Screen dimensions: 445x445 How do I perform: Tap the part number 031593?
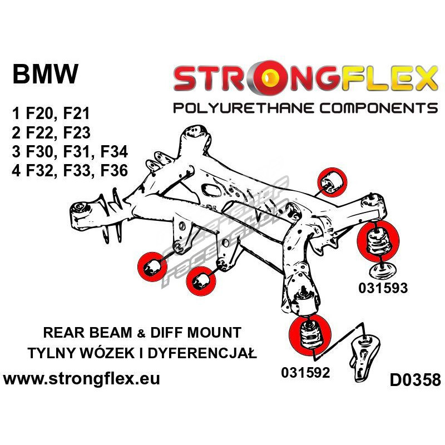pos(383,288)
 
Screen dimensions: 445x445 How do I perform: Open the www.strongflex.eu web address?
pos(82,380)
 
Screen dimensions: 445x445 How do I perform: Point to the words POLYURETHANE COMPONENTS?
pos(305,107)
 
